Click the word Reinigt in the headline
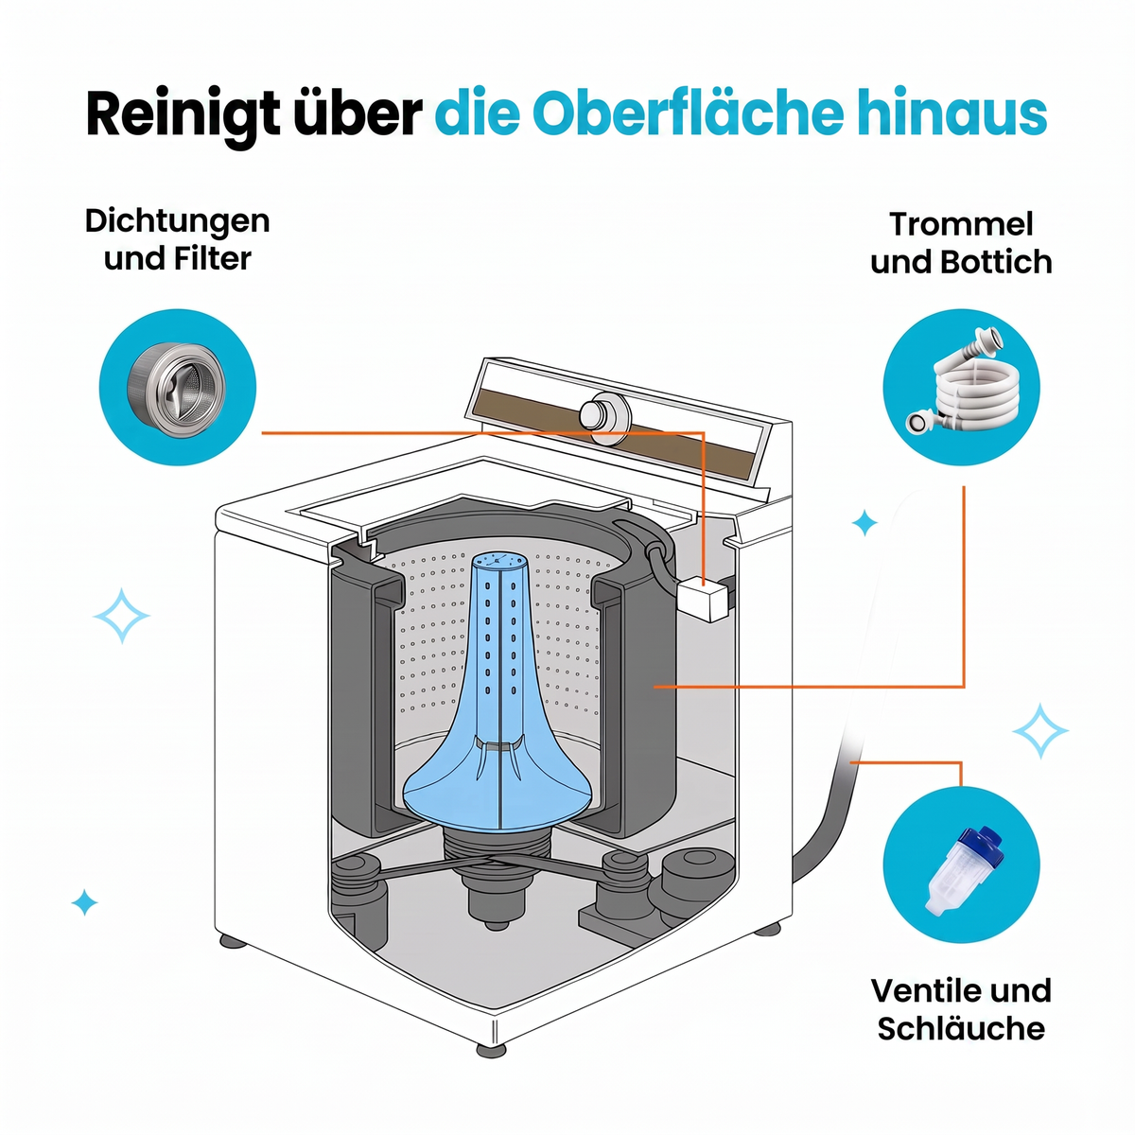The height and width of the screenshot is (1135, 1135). coord(183,113)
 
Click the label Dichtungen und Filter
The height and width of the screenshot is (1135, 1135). coord(177,239)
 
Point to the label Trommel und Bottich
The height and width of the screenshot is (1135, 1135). coord(961,243)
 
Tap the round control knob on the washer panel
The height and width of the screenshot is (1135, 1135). coord(602,417)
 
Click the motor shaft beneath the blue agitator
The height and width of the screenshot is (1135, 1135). coord(496,901)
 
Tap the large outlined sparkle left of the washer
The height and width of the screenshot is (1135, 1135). coord(121,616)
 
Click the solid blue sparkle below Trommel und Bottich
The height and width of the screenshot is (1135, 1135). coord(864,522)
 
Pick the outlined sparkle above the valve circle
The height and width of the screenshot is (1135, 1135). coord(1039,731)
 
